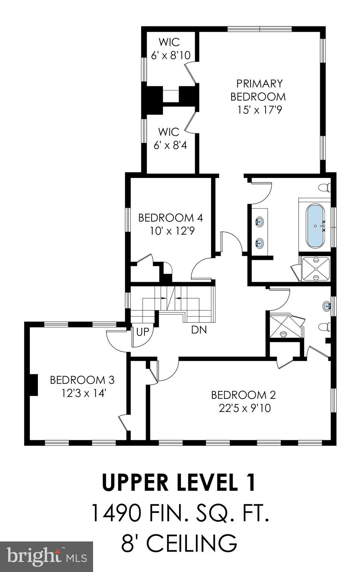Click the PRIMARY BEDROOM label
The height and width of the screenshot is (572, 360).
pyautogui.click(x=258, y=90)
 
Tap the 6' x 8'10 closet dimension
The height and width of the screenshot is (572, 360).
pyautogui.click(x=171, y=55)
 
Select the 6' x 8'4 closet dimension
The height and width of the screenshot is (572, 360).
pyautogui.click(x=170, y=145)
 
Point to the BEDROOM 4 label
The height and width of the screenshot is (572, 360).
pyautogui.click(x=171, y=217)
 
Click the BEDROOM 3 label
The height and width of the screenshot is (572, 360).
pyautogui.click(x=82, y=380)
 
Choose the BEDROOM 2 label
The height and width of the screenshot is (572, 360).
pyautogui.click(x=243, y=395)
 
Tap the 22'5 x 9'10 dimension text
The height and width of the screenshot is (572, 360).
pyautogui.click(x=245, y=408)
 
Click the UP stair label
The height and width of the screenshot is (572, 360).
pyautogui.click(x=142, y=332)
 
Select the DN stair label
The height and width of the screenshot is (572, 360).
pyautogui.click(x=199, y=330)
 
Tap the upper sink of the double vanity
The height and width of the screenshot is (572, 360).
pyautogui.click(x=259, y=222)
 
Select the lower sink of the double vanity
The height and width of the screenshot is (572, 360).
pyautogui.click(x=259, y=244)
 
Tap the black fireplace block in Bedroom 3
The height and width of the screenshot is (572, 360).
pyautogui.click(x=34, y=385)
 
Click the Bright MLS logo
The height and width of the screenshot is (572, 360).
pyautogui.click(x=46, y=556)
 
